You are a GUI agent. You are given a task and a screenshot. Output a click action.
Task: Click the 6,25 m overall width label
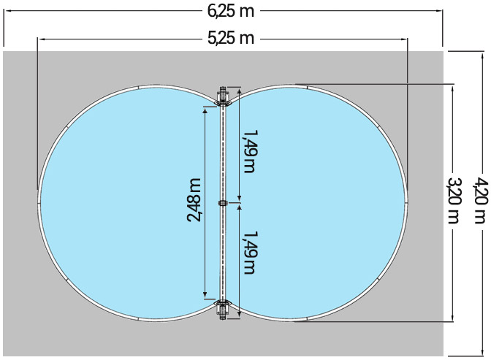(231, 10)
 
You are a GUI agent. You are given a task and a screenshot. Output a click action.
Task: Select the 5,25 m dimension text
(231, 39)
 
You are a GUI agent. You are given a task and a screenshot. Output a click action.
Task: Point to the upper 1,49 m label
(249, 152)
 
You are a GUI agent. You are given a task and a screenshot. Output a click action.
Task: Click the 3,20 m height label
(453, 201)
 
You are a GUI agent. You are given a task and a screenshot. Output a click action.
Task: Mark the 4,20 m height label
(479, 201)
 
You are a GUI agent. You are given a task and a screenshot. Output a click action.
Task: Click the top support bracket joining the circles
(224, 96)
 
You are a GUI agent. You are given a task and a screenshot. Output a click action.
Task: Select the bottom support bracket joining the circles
(224, 309)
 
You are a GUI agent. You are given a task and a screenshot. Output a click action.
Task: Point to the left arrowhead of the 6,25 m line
(6, 11)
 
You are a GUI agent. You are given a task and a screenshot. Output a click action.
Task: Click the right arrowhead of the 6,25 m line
(441, 11)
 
